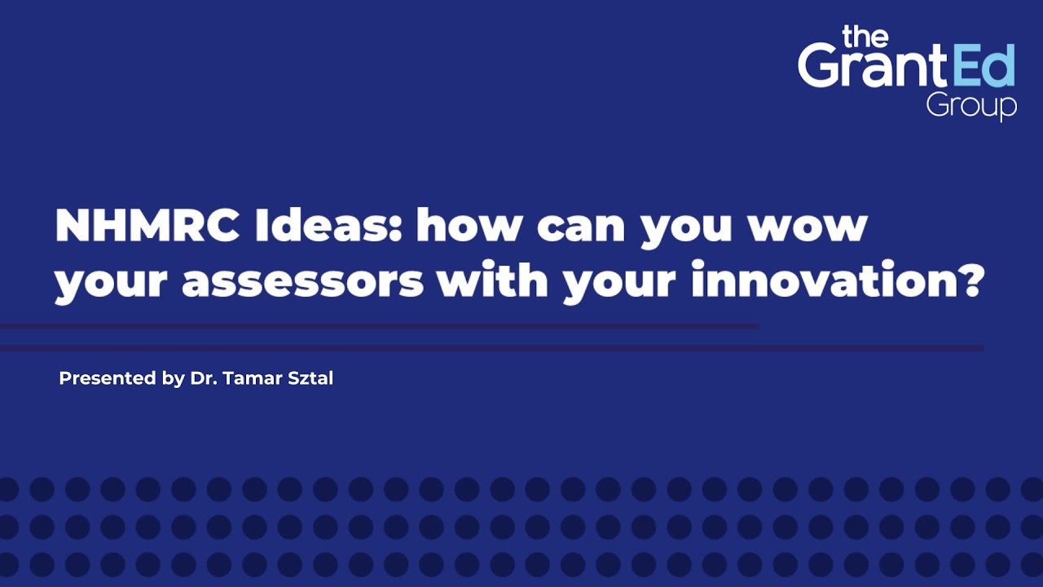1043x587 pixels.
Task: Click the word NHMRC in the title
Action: click(x=147, y=225)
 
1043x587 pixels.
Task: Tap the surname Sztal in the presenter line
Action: click(x=310, y=378)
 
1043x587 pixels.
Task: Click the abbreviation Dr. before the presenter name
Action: click(x=200, y=378)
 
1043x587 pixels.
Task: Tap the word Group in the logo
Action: click(x=971, y=106)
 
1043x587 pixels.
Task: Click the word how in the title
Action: click(x=468, y=225)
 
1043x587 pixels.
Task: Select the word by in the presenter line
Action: click(x=174, y=379)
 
